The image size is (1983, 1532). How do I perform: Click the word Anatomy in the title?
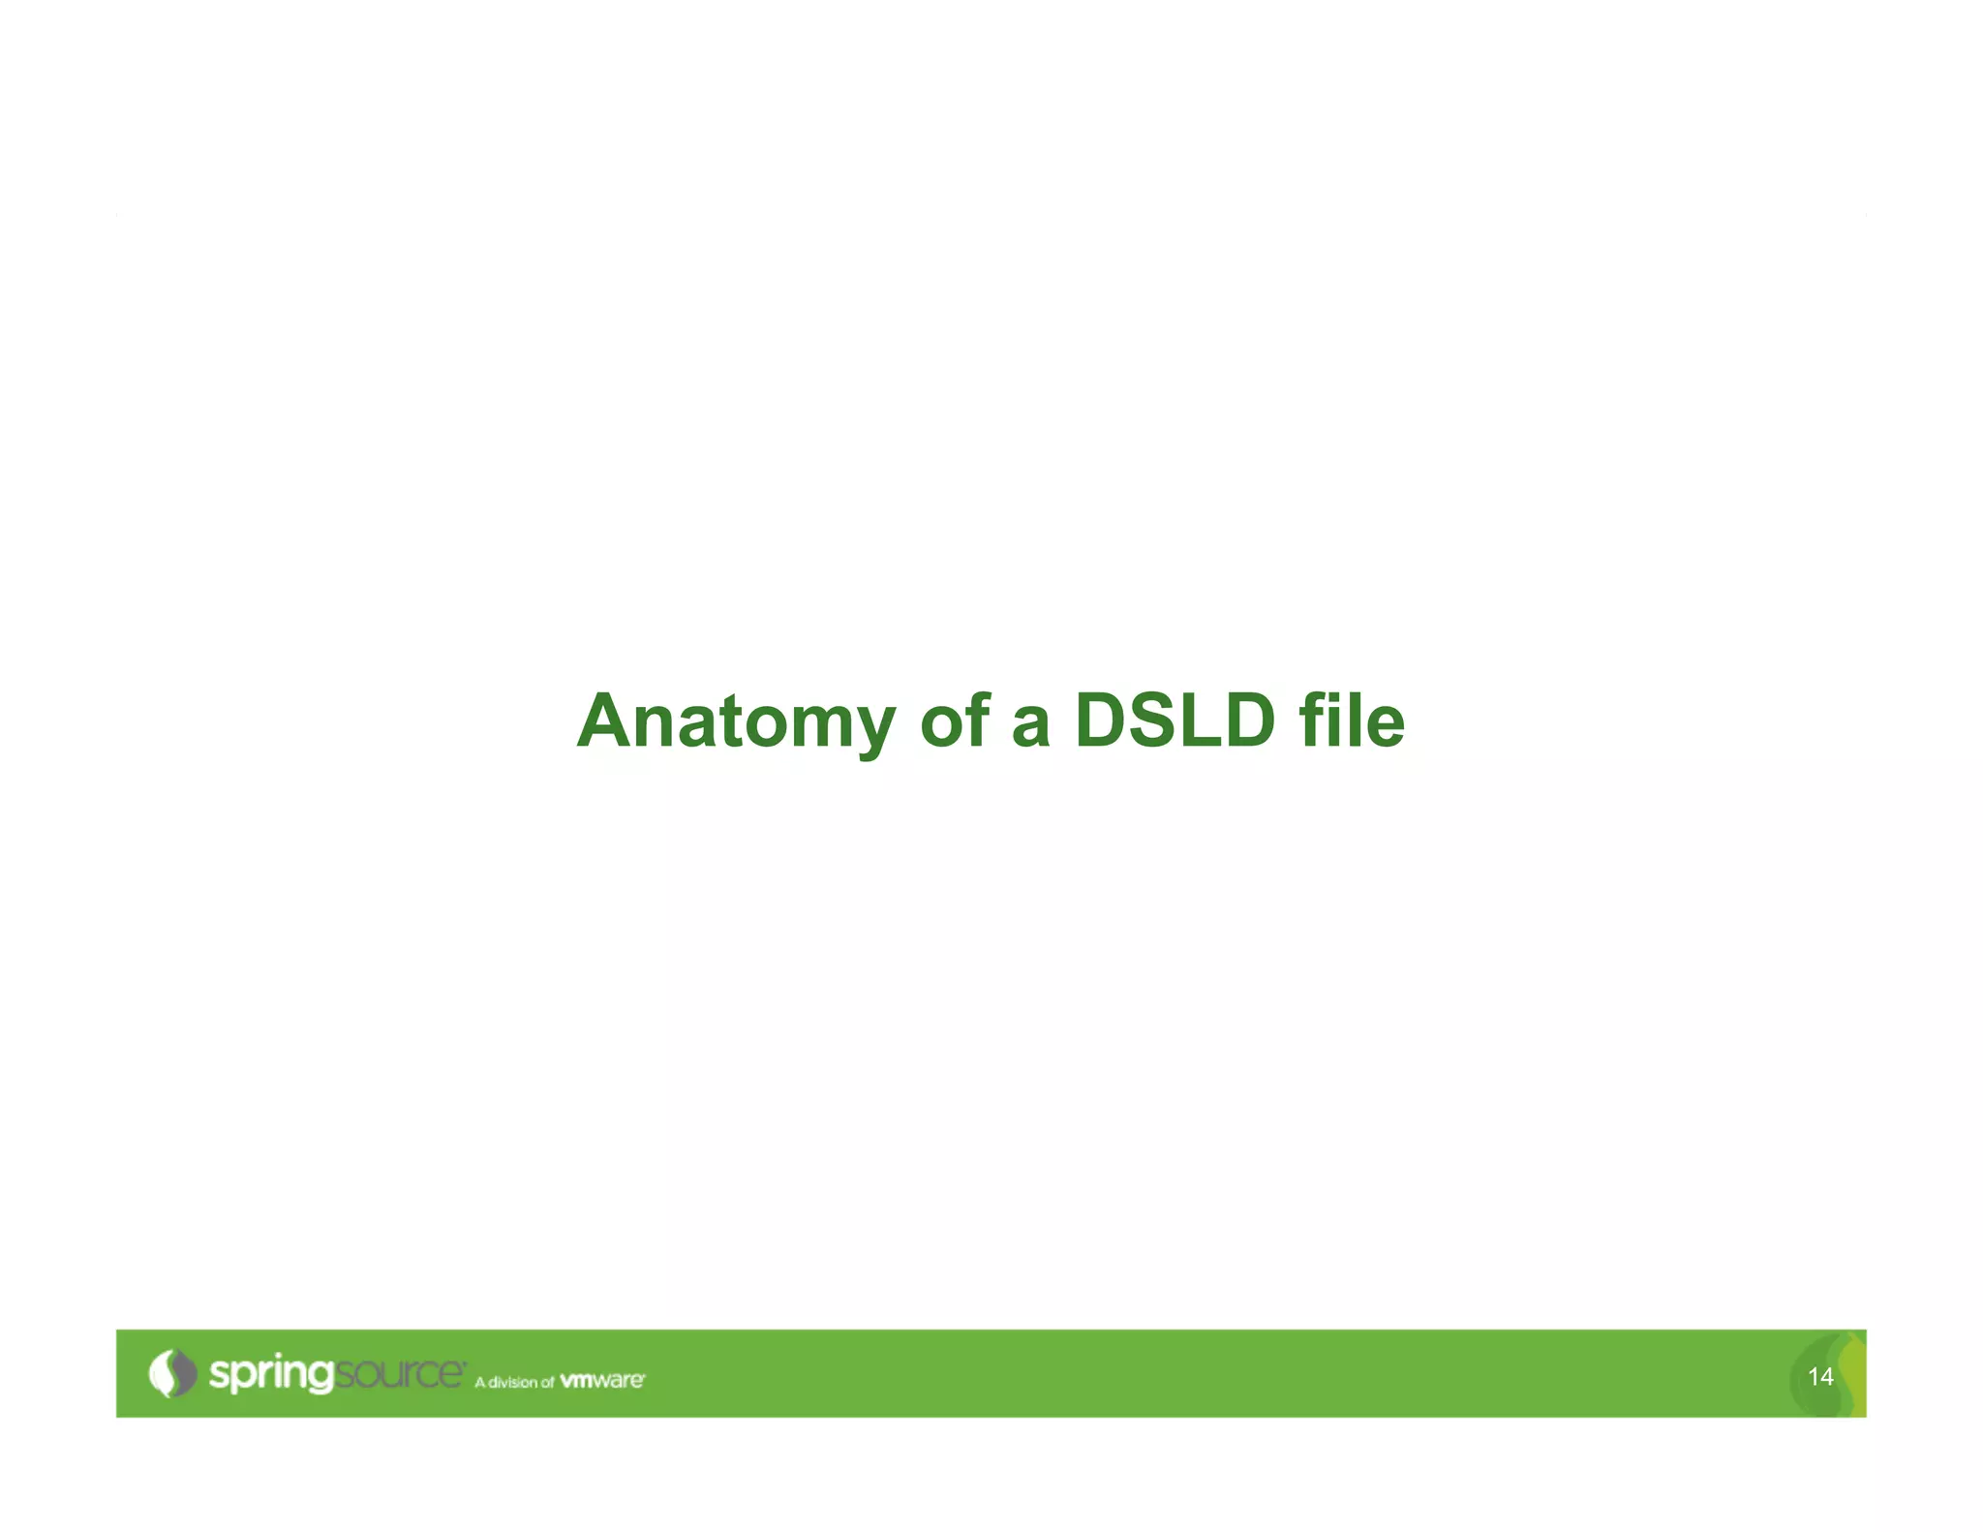pos(736,723)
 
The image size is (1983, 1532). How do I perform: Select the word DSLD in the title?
pos(1175,721)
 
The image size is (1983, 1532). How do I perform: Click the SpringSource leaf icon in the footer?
pos(172,1373)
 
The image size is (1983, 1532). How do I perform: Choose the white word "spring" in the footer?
pos(271,1375)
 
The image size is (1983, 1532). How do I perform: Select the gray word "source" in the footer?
pos(399,1374)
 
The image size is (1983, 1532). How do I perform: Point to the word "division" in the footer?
pos(512,1382)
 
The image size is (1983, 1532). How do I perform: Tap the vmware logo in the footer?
pos(602,1380)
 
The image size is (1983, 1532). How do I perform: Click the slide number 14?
pos(1820,1376)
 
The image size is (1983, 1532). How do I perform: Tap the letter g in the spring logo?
pos(320,1379)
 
